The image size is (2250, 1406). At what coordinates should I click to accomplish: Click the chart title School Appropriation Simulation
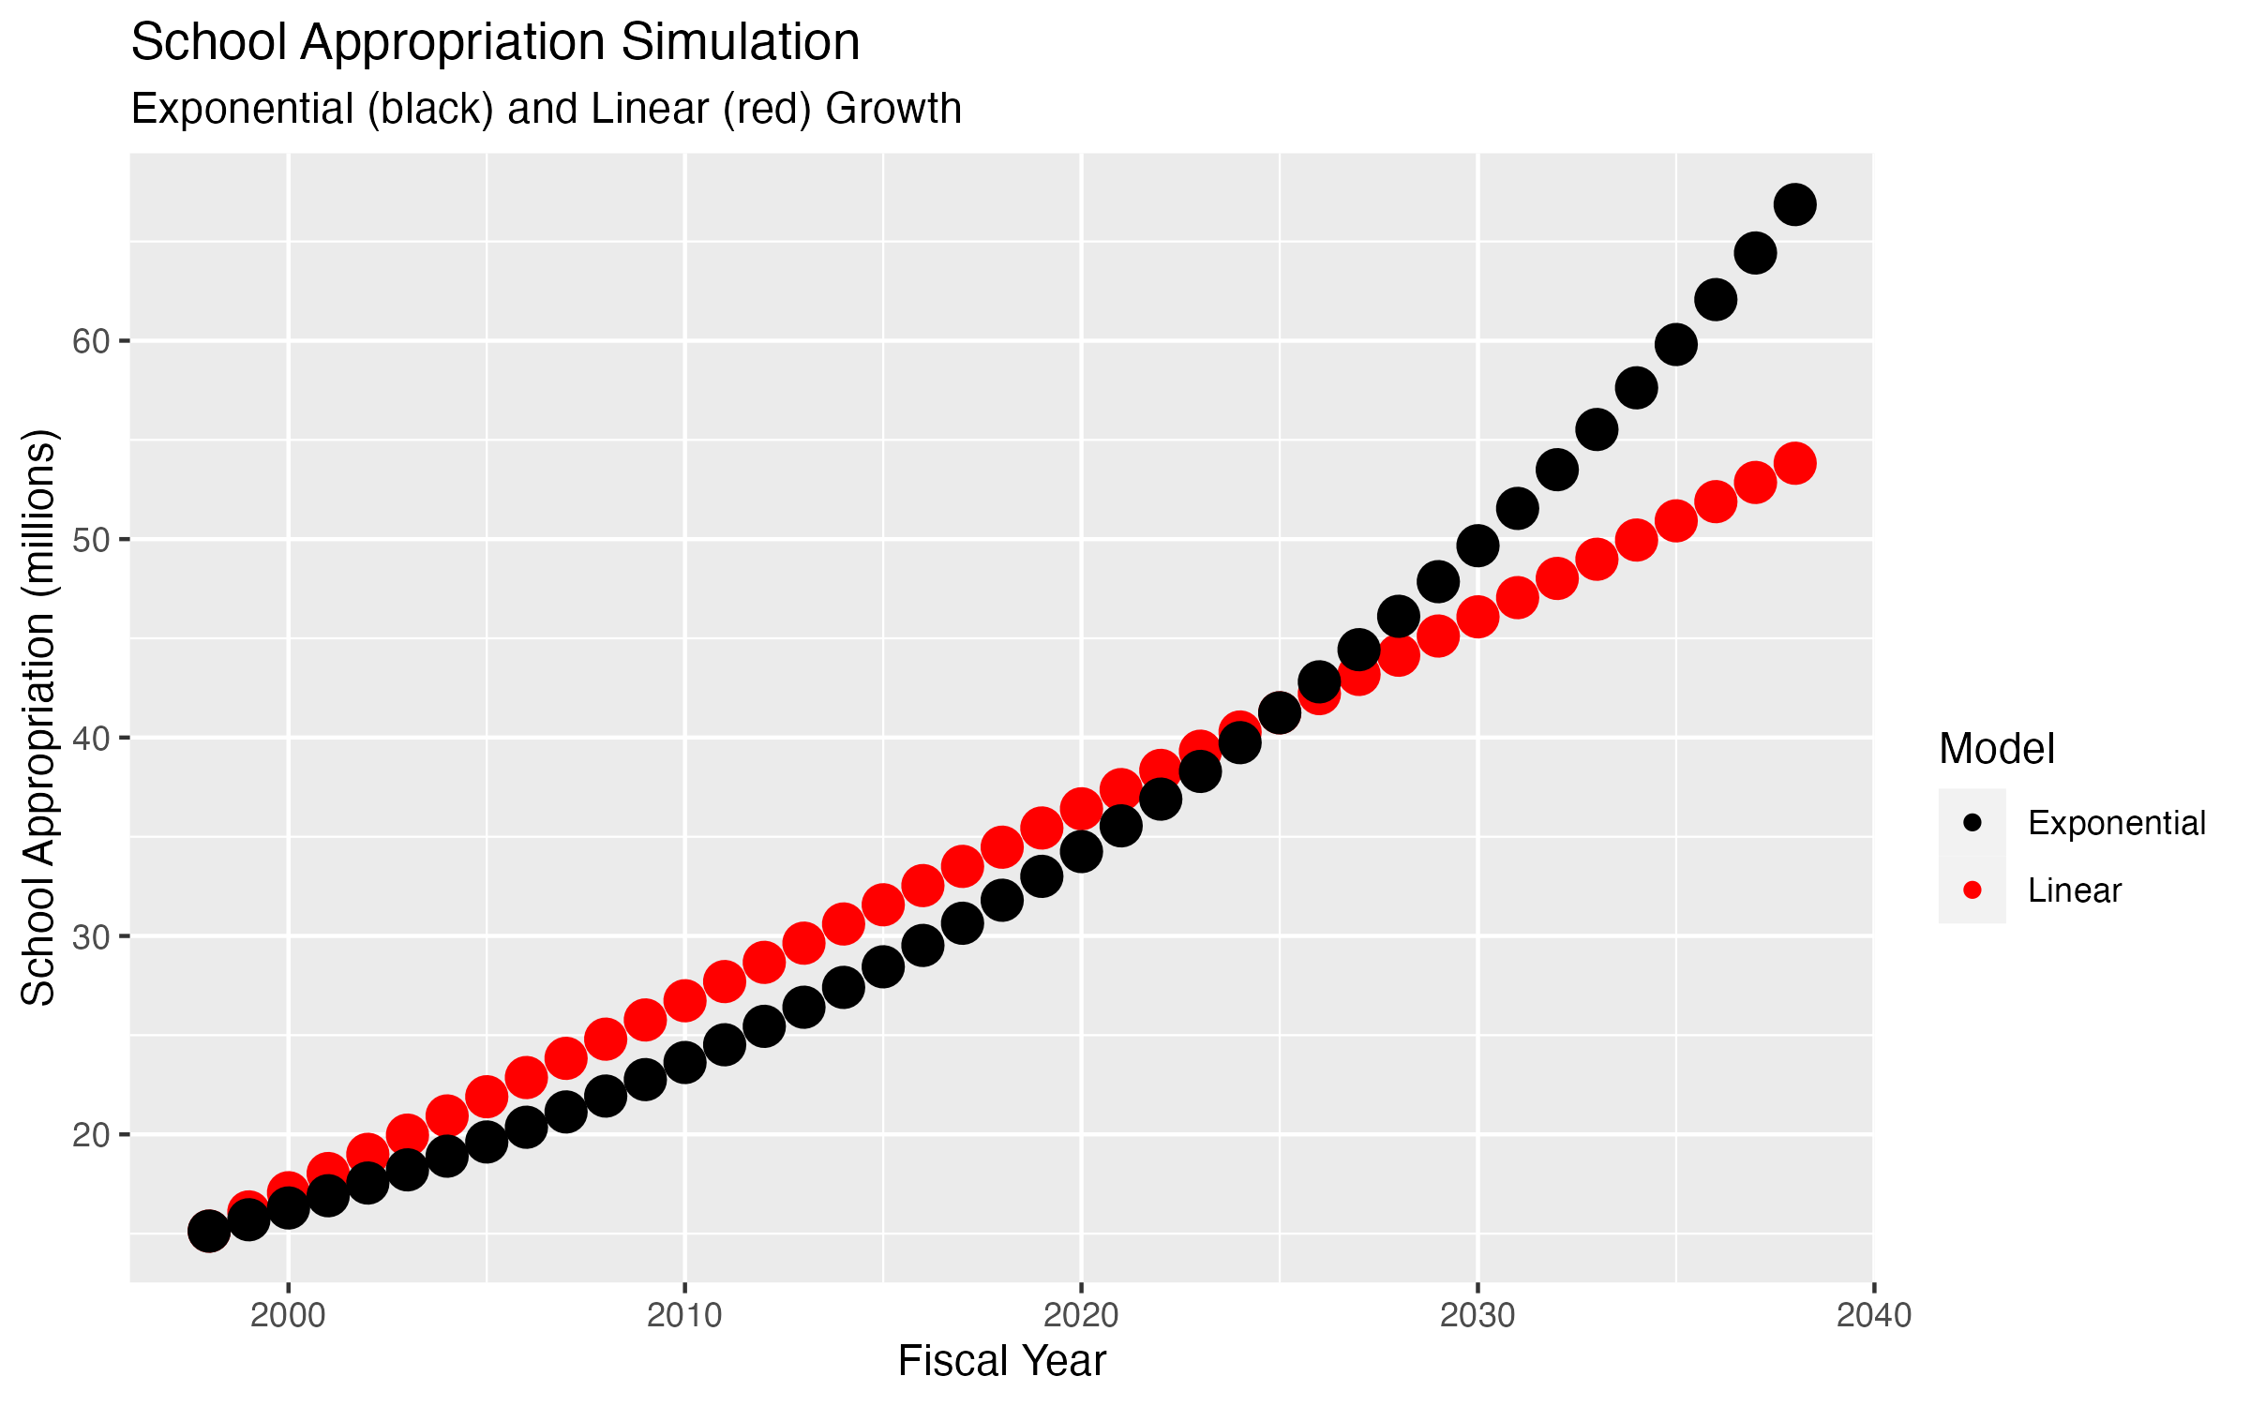tap(495, 43)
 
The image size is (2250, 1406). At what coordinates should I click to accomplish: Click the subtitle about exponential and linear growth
tap(546, 110)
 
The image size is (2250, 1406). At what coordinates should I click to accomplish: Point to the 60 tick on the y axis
tap(92, 341)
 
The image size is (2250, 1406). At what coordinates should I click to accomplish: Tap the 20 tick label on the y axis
tap(92, 1135)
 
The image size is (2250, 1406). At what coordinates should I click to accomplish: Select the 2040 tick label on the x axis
tap(1873, 1316)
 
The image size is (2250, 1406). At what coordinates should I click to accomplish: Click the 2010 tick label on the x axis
tap(684, 1316)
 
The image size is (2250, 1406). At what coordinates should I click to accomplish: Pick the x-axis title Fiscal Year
tap(1001, 1361)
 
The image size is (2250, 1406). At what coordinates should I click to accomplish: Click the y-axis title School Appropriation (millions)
tap(39, 717)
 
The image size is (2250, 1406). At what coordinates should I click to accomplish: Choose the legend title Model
tap(1996, 749)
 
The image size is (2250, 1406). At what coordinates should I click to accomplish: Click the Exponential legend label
tap(2116, 823)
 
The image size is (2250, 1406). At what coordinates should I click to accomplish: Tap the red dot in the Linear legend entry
tap(1972, 890)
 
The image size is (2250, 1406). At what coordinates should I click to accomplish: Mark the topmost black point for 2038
tap(1794, 205)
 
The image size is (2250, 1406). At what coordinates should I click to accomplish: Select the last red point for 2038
tap(1794, 463)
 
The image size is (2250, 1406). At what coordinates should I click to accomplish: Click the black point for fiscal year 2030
tap(1477, 546)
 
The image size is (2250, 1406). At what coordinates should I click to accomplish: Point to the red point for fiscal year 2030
tap(1477, 617)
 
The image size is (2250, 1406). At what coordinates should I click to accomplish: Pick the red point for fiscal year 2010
tap(684, 1001)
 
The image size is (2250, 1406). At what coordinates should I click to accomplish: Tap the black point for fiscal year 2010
tap(684, 1063)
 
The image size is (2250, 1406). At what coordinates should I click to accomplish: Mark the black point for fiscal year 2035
tap(1675, 345)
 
